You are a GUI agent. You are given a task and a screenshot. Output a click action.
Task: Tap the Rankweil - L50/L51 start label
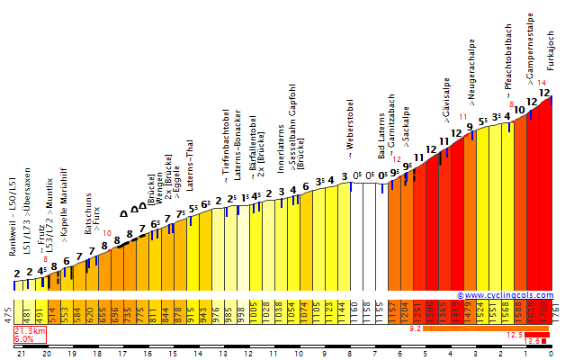[13, 217]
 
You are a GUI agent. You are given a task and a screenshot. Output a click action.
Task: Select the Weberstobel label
[350, 130]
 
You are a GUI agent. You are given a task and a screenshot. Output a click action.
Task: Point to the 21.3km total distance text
[29, 332]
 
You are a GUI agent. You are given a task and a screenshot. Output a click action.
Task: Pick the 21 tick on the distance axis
[21, 354]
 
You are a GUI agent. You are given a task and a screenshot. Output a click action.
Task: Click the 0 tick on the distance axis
[551, 354]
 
